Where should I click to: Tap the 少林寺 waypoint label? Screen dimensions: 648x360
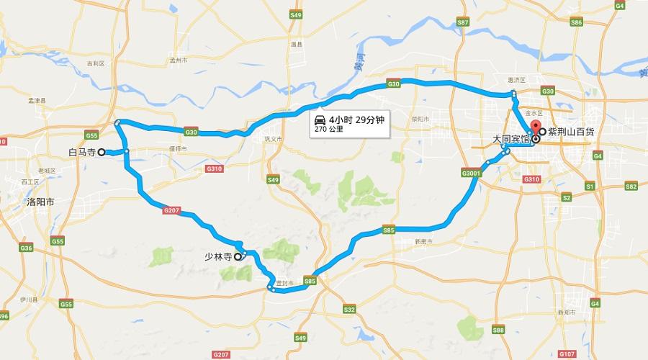point(216,256)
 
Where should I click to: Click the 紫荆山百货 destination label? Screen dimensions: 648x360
point(572,132)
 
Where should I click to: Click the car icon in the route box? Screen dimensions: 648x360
point(319,119)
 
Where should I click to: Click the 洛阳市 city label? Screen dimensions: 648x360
point(40,202)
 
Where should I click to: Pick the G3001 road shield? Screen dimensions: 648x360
point(471,174)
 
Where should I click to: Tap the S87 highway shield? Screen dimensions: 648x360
point(463,23)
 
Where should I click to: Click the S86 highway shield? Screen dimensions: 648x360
point(576,23)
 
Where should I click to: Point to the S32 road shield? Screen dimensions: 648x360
point(349,309)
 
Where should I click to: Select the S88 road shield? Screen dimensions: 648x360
point(498,330)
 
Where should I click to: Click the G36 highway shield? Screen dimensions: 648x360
point(27,248)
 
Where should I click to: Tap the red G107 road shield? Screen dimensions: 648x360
point(568,354)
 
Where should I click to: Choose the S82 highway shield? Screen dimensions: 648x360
point(631,186)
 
